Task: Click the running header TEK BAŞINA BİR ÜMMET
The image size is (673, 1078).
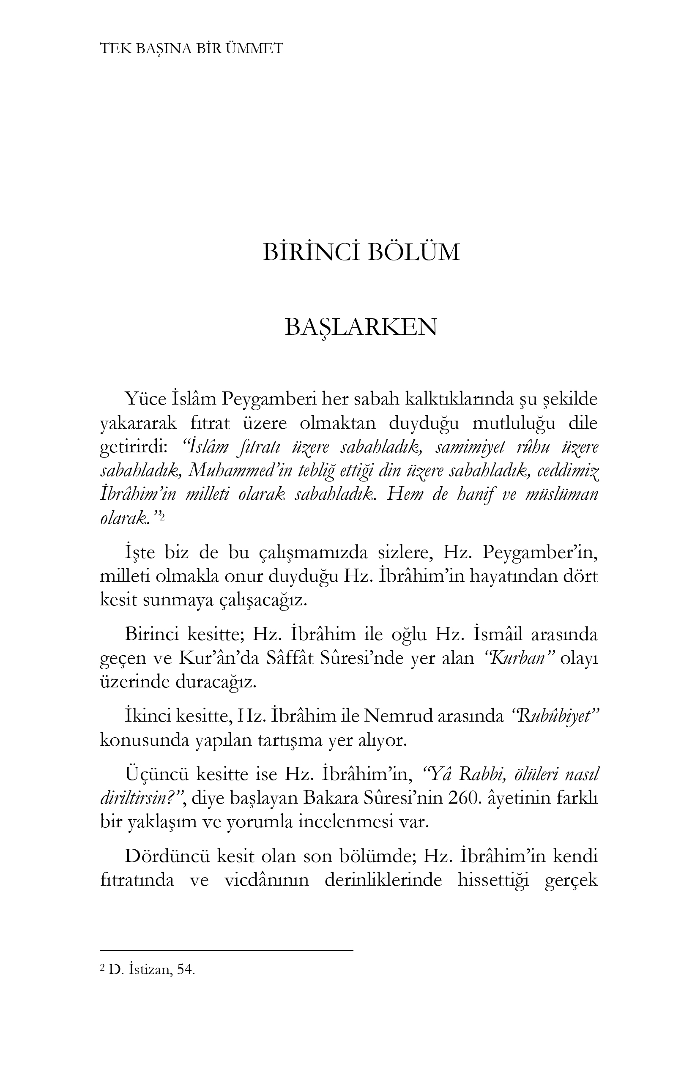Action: [x=192, y=49]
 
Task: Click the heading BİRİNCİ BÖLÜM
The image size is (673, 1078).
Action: [x=361, y=252]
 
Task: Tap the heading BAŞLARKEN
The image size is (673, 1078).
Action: [x=361, y=327]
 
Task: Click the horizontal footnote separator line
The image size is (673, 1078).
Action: [x=226, y=951]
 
